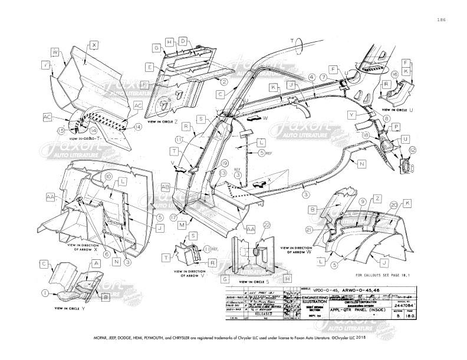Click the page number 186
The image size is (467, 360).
pyautogui.click(x=440, y=20)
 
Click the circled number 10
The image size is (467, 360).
pyautogui.click(x=108, y=176)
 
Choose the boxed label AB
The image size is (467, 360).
pyautogui.click(x=166, y=187)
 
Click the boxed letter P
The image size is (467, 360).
pyautogui.click(x=396, y=127)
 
